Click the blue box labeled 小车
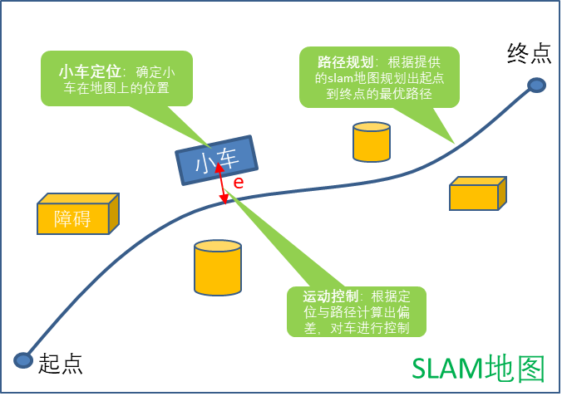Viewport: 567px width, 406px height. (216, 159)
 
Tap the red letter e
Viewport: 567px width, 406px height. (239, 183)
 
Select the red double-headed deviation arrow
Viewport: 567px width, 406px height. (222, 183)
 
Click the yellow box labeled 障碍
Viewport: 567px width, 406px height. (73, 218)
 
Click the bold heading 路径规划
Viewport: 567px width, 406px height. (345, 61)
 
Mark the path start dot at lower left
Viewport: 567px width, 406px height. (23, 360)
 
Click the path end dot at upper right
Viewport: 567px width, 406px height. (537, 85)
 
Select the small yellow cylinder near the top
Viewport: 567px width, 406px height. (372, 142)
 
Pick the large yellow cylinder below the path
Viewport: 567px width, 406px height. (218, 268)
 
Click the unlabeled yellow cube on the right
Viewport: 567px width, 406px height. (476, 193)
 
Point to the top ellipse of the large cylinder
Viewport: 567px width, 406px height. (218, 247)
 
